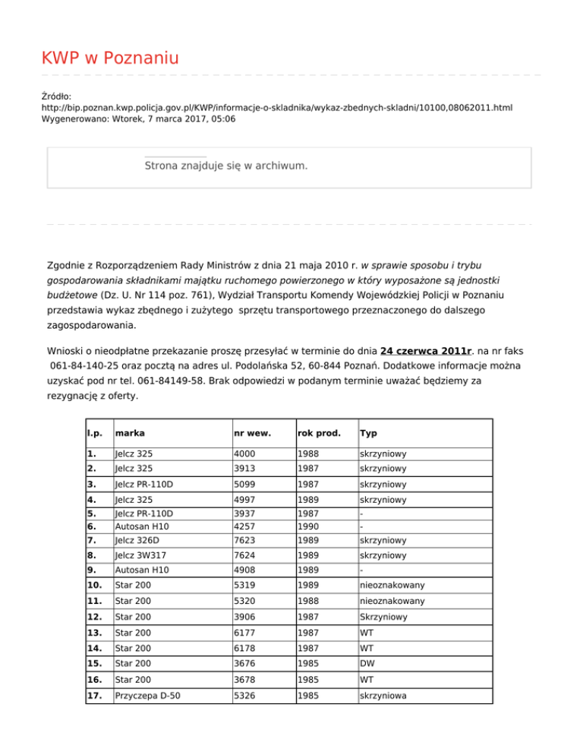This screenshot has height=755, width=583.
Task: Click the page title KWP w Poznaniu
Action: (110, 58)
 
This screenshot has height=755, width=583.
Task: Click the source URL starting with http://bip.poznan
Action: (276, 109)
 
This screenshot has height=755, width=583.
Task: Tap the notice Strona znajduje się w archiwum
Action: (225, 165)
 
